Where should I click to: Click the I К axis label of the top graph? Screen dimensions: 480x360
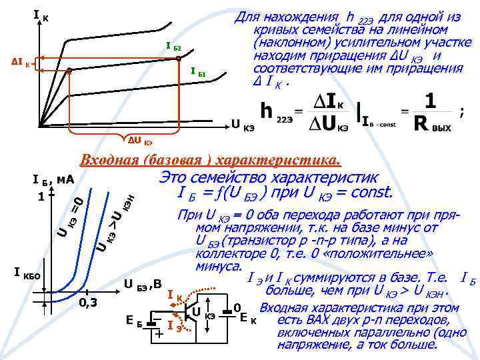point(39,13)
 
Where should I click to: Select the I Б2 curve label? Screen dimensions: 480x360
point(173,47)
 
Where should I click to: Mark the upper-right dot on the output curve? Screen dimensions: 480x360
point(179,59)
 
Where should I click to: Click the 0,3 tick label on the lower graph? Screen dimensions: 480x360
point(87,303)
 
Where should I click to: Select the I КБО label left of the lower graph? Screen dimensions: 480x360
point(28,273)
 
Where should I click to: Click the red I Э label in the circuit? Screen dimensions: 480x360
point(175,325)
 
